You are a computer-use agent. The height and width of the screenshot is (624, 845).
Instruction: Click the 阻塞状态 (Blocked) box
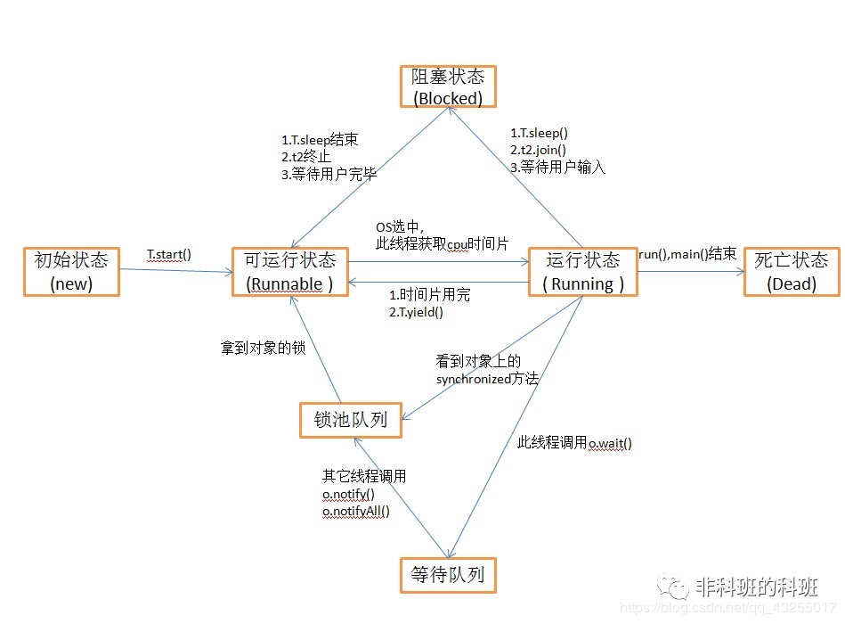(448, 86)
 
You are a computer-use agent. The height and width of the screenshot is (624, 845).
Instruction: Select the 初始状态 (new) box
(71, 272)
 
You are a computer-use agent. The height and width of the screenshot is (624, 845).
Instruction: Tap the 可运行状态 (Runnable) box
(290, 272)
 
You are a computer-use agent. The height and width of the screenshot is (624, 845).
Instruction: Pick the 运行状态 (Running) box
(583, 272)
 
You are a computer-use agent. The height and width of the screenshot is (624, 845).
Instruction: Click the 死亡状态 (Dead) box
(792, 272)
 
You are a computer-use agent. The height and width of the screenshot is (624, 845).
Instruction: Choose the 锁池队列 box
(351, 420)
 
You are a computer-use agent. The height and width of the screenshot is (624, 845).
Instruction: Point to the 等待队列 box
(448, 575)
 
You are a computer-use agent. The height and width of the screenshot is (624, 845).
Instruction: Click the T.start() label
(168, 255)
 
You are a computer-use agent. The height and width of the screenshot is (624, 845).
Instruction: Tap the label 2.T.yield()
(416, 312)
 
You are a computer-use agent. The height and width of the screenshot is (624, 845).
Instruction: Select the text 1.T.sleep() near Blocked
(539, 133)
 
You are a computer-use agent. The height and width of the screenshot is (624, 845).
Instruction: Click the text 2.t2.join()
(538, 150)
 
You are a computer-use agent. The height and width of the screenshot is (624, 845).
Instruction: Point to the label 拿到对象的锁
(263, 348)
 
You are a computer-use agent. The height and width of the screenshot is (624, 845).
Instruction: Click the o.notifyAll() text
(355, 512)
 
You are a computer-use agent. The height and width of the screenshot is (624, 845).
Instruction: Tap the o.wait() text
(610, 443)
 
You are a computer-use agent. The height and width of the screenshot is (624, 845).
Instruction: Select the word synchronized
(473, 379)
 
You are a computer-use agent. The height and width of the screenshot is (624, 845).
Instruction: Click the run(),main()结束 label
(687, 253)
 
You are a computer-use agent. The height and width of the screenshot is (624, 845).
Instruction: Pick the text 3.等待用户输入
(557, 168)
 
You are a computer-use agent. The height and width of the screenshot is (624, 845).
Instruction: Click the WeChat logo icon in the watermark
(672, 587)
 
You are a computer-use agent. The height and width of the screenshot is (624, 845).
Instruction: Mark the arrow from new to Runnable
(176, 271)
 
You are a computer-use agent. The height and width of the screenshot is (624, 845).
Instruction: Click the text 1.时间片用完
(429, 295)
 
